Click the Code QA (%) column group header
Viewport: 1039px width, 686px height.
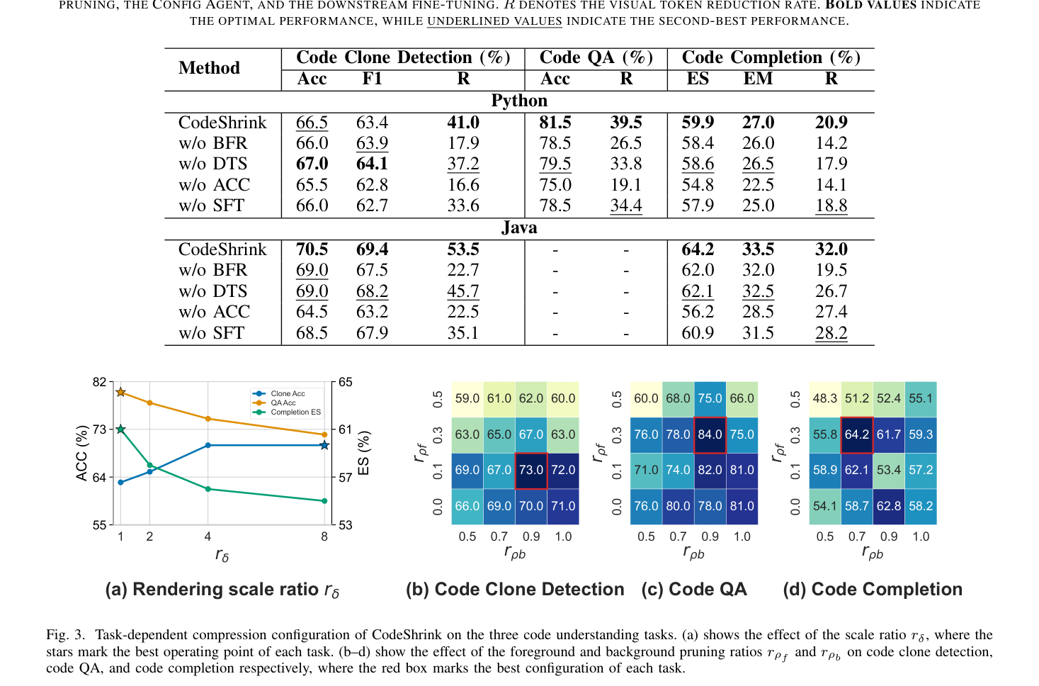pos(596,57)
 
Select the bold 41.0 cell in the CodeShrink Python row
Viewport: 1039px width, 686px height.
pos(463,123)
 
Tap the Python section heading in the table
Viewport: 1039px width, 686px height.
pos(519,101)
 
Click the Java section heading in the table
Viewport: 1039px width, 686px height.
pos(519,227)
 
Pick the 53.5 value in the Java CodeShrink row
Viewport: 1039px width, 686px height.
pos(463,249)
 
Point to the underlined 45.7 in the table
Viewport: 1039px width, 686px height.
pos(463,291)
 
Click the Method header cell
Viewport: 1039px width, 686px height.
pos(209,68)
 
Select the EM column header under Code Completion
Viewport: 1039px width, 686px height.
pos(758,79)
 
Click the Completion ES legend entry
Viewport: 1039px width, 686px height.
pos(287,412)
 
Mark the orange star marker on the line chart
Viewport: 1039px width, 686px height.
pos(120,392)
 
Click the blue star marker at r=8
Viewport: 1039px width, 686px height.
pos(324,446)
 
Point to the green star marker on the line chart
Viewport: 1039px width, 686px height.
pos(120,429)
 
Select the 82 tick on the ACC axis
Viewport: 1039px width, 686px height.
pos(99,382)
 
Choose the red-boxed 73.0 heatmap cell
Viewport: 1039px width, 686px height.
pos(531,471)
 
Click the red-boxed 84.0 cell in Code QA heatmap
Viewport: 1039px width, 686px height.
pos(710,435)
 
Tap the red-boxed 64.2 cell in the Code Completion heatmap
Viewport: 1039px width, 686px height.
pos(857,435)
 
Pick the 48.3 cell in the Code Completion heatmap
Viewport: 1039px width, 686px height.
pos(824,399)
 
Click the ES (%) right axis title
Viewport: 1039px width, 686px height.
pos(363,453)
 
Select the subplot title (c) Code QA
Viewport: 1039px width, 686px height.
pos(694,589)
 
